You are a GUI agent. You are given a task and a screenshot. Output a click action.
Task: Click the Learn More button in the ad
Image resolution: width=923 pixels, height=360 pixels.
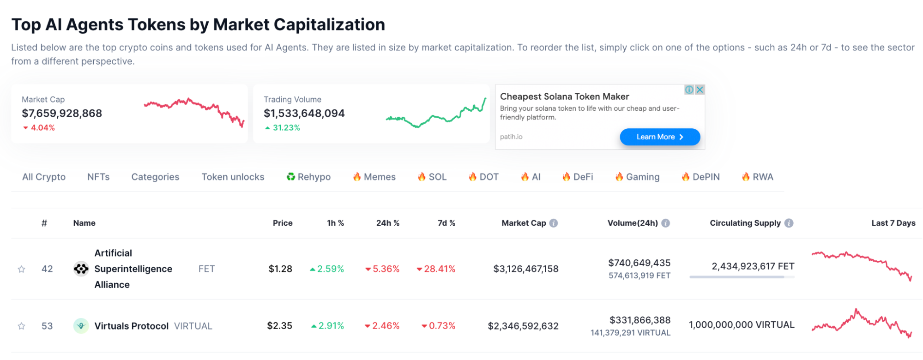click(659, 137)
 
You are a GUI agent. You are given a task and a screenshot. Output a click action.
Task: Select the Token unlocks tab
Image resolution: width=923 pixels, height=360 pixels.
click(233, 177)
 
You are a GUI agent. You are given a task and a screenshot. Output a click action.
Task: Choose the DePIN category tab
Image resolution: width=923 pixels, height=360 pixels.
click(700, 177)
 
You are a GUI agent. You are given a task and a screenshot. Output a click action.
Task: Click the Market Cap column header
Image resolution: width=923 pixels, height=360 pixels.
click(524, 223)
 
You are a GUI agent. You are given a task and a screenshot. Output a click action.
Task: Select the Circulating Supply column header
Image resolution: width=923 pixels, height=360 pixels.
click(745, 223)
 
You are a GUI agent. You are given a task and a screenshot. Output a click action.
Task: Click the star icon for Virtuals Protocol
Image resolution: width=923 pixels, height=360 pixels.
click(21, 326)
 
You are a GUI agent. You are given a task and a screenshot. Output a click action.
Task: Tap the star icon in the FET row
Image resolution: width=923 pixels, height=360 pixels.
click(21, 269)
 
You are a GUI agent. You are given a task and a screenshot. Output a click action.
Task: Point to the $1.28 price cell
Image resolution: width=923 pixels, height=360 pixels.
click(280, 269)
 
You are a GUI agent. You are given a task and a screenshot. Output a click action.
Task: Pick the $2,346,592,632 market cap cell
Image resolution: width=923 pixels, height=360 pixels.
click(523, 326)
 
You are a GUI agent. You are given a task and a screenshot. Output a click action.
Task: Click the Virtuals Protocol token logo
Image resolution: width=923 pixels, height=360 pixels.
click(81, 326)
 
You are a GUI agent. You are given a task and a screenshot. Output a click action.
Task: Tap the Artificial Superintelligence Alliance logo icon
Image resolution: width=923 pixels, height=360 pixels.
click(81, 269)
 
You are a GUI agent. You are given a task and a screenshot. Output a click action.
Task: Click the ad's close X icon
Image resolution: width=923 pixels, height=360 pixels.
click(700, 90)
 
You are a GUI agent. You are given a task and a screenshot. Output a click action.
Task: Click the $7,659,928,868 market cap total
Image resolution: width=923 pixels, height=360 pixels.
click(62, 113)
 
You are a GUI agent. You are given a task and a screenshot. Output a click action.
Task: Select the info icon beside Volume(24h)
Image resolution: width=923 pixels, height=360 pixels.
click(665, 223)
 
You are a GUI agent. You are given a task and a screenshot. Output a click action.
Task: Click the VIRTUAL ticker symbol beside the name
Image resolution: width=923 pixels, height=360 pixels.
click(193, 326)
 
